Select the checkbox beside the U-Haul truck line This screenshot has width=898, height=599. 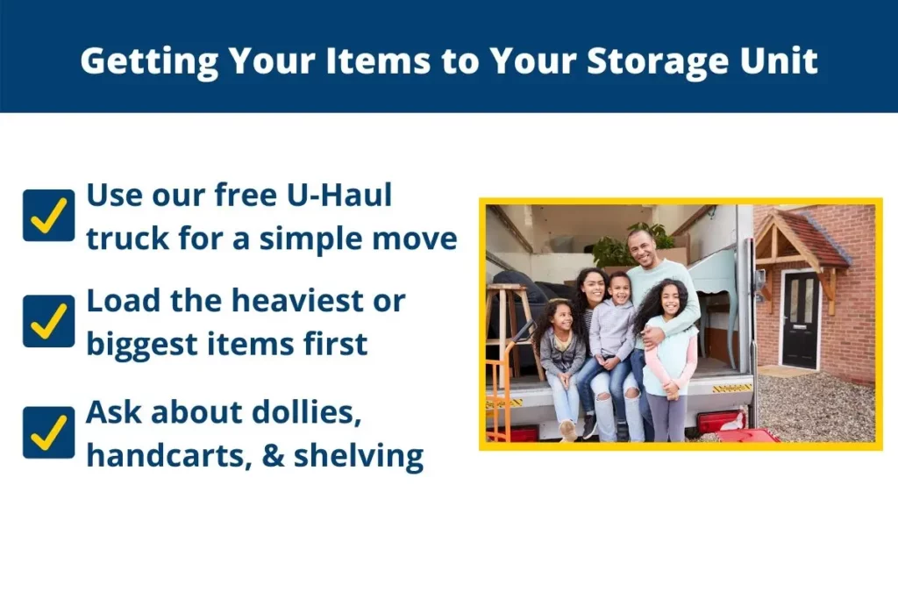click(x=49, y=216)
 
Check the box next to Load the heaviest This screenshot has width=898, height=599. click(x=49, y=321)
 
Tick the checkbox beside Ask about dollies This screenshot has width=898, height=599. click(x=49, y=432)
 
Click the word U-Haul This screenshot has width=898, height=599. click(x=339, y=195)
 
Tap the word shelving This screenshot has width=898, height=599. click(x=359, y=456)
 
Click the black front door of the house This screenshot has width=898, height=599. click(x=801, y=320)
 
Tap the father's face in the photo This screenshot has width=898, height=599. click(x=643, y=249)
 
